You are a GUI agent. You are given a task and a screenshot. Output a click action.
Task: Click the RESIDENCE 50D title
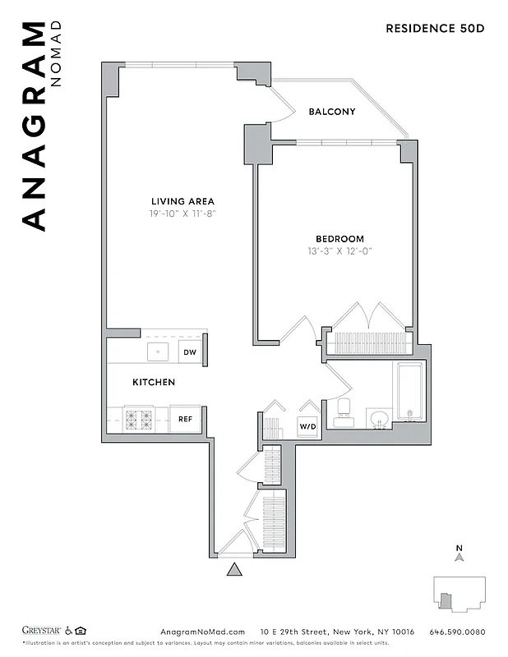[x=435, y=28]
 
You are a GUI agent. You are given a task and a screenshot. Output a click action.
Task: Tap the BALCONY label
[x=331, y=112]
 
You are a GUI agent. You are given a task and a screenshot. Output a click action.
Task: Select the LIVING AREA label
[x=182, y=201]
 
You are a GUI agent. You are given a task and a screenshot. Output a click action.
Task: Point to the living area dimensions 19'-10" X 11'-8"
[x=182, y=214]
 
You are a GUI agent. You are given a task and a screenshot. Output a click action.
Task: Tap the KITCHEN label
[x=154, y=383]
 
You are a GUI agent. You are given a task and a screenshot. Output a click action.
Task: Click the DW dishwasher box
[x=189, y=352]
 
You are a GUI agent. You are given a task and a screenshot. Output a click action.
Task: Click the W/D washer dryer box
[x=307, y=427]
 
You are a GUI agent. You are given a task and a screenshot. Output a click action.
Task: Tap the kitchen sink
[x=158, y=351]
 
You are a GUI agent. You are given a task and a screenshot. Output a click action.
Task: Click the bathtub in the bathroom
[x=409, y=393]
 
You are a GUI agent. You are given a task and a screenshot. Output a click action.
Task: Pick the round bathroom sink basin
[x=378, y=419]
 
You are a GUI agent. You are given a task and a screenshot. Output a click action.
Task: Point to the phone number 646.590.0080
[x=457, y=632]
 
